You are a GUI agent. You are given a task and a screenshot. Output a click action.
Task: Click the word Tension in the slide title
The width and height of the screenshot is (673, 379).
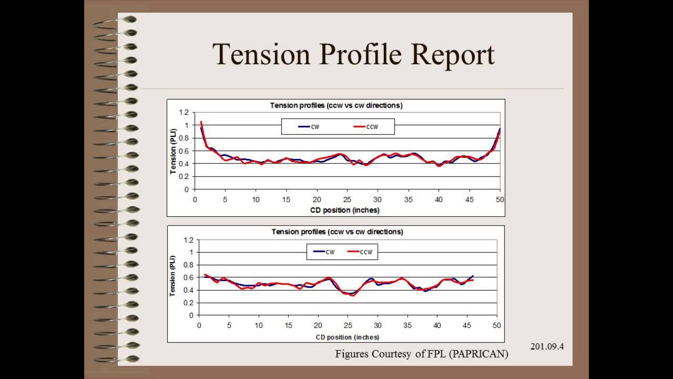[261, 54]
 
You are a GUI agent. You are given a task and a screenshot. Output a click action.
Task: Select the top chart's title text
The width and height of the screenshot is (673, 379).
[336, 105]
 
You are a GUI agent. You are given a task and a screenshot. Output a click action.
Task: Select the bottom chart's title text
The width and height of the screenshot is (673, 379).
[337, 232]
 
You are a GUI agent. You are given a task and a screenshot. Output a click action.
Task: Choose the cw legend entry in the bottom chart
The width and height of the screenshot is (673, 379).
[324, 252]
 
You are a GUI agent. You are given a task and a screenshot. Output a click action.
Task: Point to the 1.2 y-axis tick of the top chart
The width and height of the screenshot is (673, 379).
[183, 112]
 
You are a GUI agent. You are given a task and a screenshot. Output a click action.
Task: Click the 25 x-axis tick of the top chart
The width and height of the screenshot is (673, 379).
[347, 200]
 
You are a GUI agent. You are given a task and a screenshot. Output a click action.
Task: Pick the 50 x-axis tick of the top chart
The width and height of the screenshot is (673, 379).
[499, 200]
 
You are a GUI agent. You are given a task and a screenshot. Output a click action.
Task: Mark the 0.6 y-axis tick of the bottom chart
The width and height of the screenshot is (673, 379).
[188, 277]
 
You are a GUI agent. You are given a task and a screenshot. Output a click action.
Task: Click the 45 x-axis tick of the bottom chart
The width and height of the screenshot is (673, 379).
[467, 325]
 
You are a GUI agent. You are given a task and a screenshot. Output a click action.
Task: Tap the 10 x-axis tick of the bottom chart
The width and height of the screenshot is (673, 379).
[259, 325]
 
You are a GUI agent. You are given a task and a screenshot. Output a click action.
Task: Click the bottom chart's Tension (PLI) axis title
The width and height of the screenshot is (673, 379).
[172, 276]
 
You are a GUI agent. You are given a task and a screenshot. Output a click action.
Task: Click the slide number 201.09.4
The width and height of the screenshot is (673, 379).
[547, 346]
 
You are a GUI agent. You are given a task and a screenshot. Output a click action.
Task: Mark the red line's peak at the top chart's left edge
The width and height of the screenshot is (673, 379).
[201, 122]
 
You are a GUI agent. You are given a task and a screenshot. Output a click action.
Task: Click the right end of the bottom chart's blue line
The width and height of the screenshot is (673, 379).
[473, 276]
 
